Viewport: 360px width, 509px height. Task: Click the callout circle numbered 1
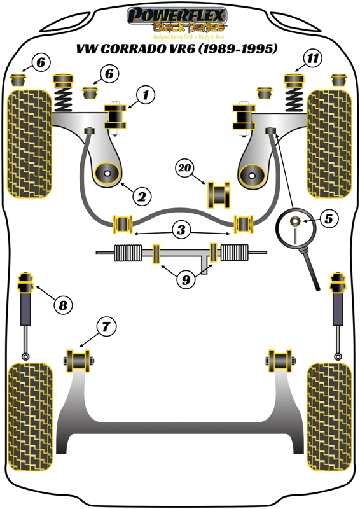[145, 96]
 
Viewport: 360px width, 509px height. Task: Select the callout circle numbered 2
[142, 195]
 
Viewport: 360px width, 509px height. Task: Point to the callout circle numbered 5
[329, 220]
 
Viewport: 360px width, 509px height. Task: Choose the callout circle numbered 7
[106, 327]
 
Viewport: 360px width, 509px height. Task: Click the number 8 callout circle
[62, 305]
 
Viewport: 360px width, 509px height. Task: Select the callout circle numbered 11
[312, 59]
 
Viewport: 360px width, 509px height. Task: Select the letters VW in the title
[86, 48]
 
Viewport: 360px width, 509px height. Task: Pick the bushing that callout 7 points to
[79, 361]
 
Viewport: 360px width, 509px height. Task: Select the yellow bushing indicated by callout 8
[27, 280]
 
